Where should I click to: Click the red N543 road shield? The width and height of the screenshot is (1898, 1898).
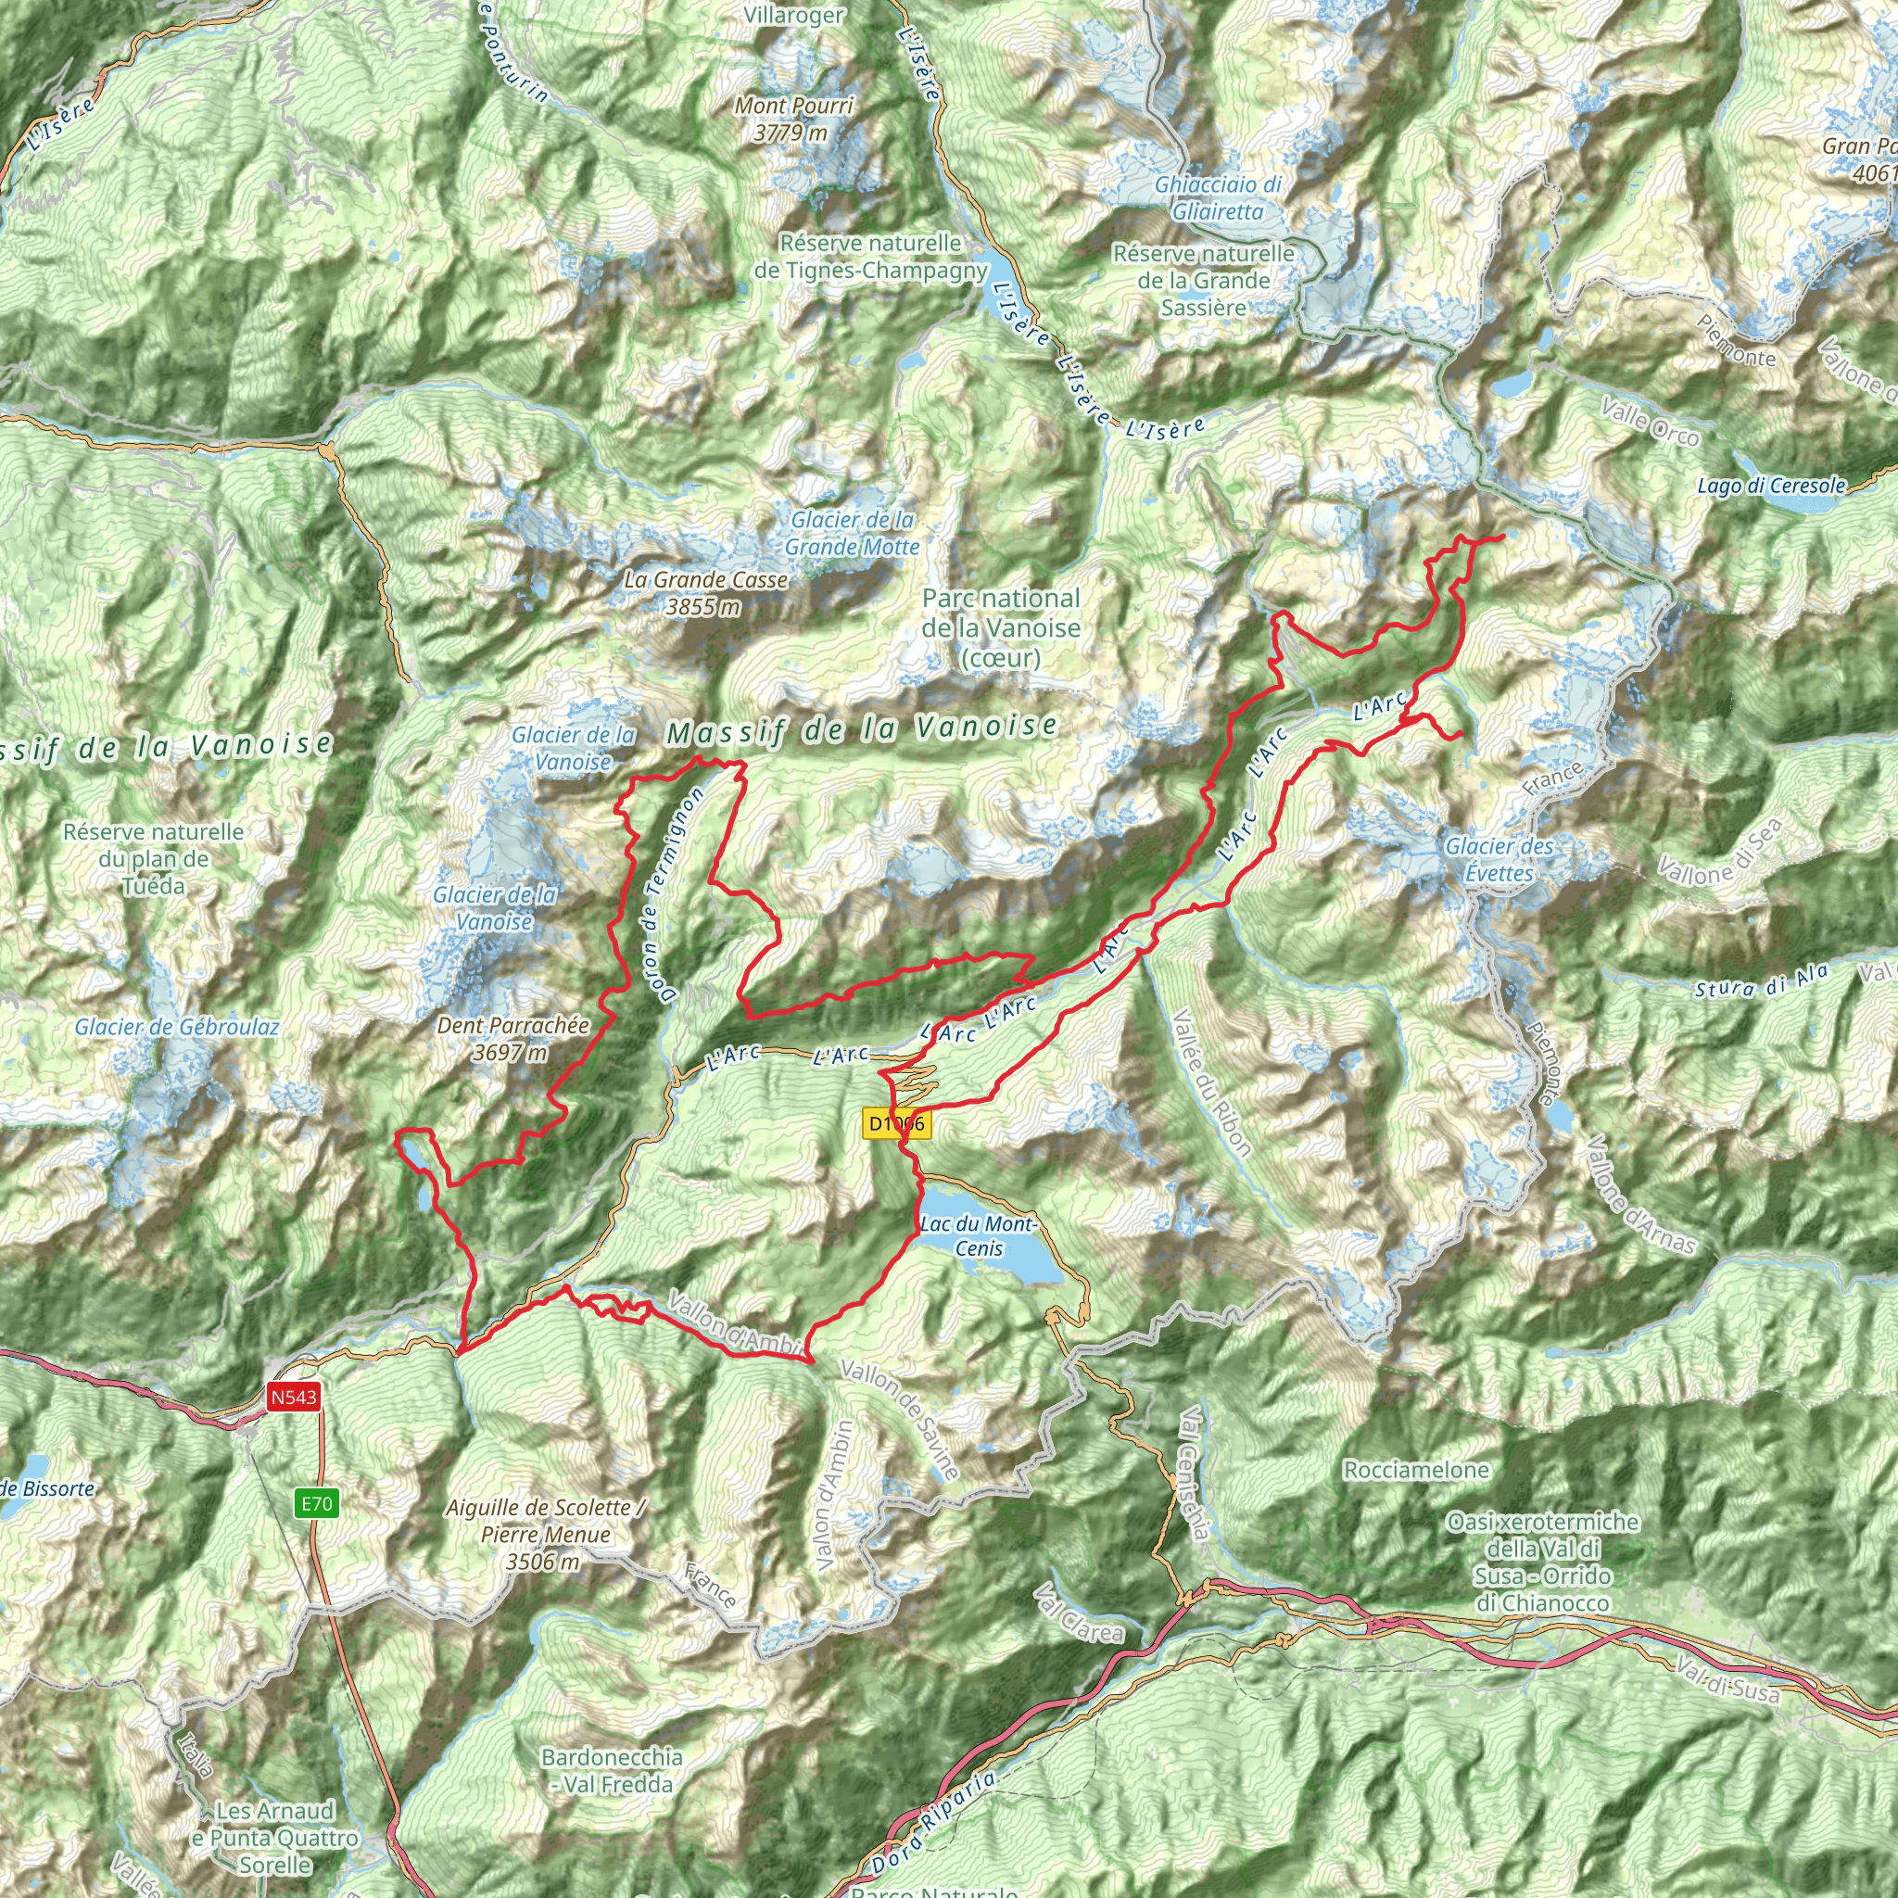[x=294, y=1396]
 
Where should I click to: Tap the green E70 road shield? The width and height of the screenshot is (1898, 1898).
[x=316, y=1503]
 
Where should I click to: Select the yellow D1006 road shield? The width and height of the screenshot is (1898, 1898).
[x=896, y=1123]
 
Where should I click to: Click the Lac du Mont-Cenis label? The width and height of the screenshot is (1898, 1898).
[x=979, y=1236]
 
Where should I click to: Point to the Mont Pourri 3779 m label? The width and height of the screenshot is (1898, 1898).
[x=794, y=119]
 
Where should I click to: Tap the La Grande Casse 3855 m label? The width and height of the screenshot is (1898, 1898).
[x=705, y=593]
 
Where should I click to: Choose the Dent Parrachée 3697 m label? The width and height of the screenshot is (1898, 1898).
[x=512, y=1038]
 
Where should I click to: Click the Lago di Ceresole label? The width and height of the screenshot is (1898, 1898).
[x=1771, y=486]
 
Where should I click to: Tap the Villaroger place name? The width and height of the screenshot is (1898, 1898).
[x=794, y=15]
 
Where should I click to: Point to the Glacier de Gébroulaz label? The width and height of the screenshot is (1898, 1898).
[x=177, y=1028]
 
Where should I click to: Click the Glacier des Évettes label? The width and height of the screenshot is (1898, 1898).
[x=1499, y=860]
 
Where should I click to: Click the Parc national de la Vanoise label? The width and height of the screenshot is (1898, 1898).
[x=1000, y=627]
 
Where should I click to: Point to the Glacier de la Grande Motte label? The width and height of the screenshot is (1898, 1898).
[x=852, y=534]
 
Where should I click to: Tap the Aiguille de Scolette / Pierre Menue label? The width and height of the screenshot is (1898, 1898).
[x=543, y=1534]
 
